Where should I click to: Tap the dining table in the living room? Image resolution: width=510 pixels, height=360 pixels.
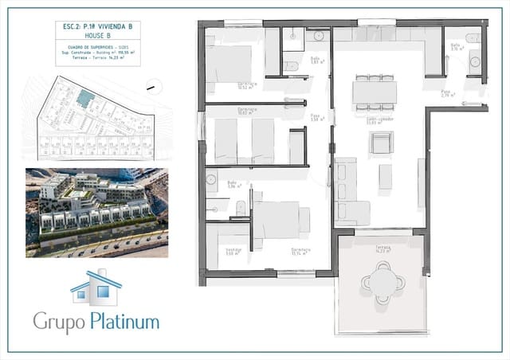tap(374, 92)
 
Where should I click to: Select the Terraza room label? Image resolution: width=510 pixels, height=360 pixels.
tap(383, 248)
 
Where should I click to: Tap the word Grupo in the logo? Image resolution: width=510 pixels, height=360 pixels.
tap(57, 322)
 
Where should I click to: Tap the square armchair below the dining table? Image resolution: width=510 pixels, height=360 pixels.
tap(380, 143)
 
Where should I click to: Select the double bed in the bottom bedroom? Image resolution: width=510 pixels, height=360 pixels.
tap(277, 220)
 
